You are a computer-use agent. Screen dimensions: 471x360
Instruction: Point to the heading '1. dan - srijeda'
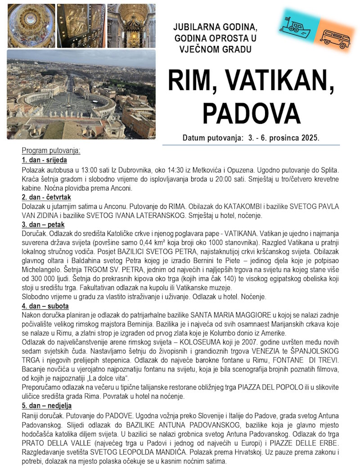[x=44, y=160]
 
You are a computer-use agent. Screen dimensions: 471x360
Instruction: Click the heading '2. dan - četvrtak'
[x=46, y=197]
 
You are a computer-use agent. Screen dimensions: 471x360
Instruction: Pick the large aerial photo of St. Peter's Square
[x=81, y=94]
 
